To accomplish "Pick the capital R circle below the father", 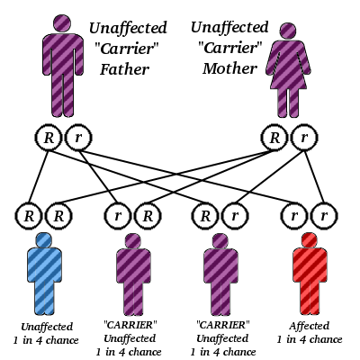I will coord(47,138).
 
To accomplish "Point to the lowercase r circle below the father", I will coord(78,138).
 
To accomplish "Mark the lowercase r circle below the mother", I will coord(306,138).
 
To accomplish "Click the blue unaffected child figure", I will coord(43,274).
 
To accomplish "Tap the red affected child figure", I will coord(310,274).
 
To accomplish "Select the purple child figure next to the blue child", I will coord(132,274).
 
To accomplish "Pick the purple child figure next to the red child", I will coord(221,274).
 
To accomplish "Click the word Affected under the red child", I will coord(310,326).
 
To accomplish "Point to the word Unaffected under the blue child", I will coord(45,326).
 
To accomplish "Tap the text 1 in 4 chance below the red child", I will coord(310,339).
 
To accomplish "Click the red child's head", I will coord(310,240).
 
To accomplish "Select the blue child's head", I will coord(43,240).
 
